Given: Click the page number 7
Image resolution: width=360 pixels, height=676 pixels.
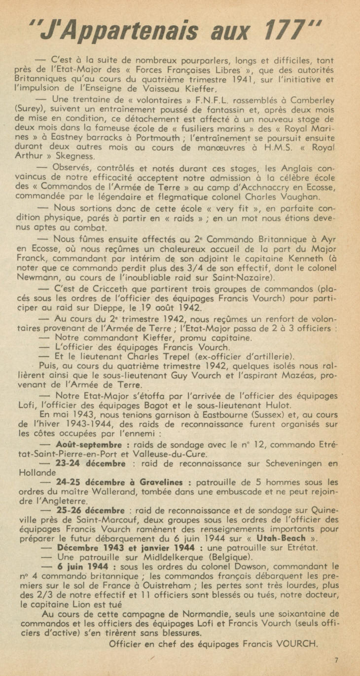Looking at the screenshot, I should (336, 660).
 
